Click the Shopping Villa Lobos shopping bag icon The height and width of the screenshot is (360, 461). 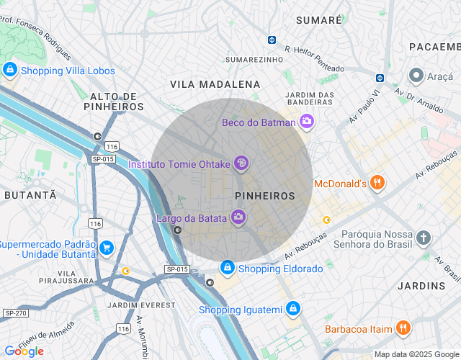pos(10,71)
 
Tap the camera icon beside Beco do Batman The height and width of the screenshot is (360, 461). pos(308,122)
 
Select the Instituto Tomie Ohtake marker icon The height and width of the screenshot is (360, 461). pos(242,164)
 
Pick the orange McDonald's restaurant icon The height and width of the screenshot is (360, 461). pos(377,184)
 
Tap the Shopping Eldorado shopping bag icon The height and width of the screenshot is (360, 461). pos(228,269)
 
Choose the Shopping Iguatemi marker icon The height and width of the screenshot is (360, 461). pos(292,310)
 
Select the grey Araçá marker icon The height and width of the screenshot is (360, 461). pos(416,75)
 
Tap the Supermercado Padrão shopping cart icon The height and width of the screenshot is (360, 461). pos(107,248)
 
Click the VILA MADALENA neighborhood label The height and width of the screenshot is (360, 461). pos(215,84)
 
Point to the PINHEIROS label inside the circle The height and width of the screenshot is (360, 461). pos(265,196)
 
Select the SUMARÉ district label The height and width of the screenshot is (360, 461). pos(318,20)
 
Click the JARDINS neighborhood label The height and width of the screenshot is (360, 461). pos(422,286)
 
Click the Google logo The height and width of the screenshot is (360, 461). pos(24,351)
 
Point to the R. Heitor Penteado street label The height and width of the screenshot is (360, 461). pos(314,59)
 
